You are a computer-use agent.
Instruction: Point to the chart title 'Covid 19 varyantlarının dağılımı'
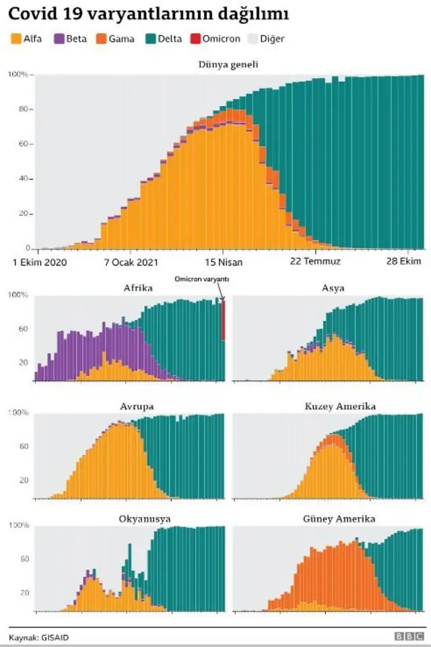pyautogui.click(x=149, y=14)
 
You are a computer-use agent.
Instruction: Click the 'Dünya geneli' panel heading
pyautogui.click(x=228, y=65)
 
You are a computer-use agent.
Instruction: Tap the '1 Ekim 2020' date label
pyautogui.click(x=40, y=262)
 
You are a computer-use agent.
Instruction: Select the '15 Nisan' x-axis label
pyautogui.click(x=224, y=262)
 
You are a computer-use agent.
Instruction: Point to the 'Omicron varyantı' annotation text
pyautogui.click(x=202, y=279)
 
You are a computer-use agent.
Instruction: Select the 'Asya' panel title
pyautogui.click(x=333, y=288)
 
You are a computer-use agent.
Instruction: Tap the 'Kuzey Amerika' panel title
pyautogui.click(x=340, y=406)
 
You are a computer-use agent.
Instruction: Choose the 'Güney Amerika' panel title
pyautogui.click(x=339, y=519)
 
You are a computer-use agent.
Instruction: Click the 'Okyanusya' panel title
pyautogui.click(x=144, y=519)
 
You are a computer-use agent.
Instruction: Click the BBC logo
pyautogui.click(x=408, y=636)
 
